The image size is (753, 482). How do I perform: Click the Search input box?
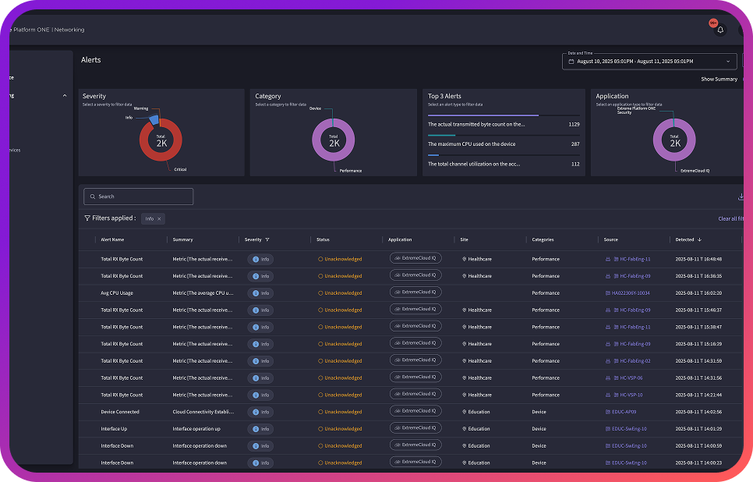[139, 197]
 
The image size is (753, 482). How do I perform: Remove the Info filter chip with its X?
[159, 219]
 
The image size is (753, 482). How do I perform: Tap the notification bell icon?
[720, 30]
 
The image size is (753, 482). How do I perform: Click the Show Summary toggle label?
[718, 79]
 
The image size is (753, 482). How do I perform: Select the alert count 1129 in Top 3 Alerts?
[574, 124]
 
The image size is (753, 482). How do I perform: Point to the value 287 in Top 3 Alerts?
[575, 144]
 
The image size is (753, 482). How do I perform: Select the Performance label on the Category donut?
[350, 170]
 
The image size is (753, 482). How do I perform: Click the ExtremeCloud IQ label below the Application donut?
[695, 170]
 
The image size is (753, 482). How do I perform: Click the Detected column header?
[684, 239]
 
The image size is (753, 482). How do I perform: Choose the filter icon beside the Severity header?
[267, 239]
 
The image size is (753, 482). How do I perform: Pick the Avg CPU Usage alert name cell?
[117, 293]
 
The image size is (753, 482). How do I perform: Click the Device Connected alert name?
[120, 412]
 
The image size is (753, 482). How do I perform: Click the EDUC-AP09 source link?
[624, 412]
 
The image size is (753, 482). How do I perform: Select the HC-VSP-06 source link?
[631, 377]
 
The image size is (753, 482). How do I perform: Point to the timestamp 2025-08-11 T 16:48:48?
[699, 259]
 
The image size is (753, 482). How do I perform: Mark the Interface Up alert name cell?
[114, 429]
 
